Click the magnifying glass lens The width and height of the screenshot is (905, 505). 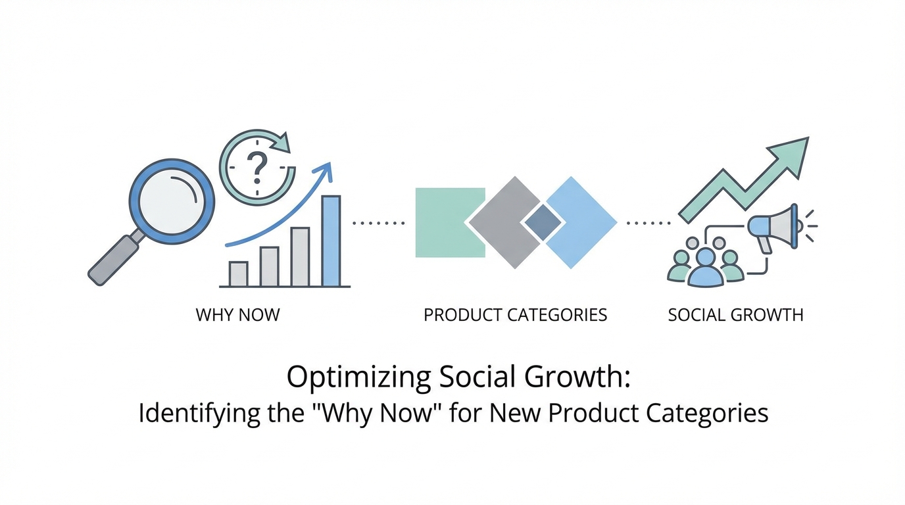point(172,201)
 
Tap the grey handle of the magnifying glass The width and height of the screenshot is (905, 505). point(113,260)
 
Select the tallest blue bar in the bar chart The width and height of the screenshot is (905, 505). point(331,241)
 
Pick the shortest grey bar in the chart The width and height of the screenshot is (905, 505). point(238,274)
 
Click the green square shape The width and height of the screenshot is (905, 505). point(450,223)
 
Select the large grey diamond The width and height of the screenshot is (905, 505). point(505,223)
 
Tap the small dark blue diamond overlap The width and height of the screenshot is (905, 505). point(543,222)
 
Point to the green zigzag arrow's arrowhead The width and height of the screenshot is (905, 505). point(790,155)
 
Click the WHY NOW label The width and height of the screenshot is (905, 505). point(237,315)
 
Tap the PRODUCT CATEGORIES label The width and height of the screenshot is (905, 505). point(515,315)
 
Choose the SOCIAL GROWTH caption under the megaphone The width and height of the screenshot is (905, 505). point(736,315)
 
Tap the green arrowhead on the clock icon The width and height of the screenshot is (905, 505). point(281,143)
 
